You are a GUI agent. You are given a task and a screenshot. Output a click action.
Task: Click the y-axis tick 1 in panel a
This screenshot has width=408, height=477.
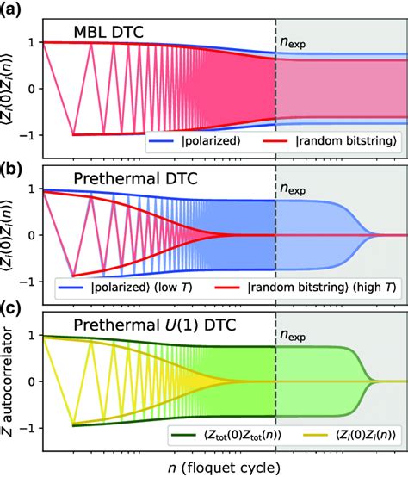(x=31, y=42)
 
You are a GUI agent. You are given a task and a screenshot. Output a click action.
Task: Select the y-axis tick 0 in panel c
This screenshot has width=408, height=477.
(x=31, y=381)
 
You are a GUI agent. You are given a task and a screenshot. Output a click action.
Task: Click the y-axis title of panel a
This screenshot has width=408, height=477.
(x=11, y=88)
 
